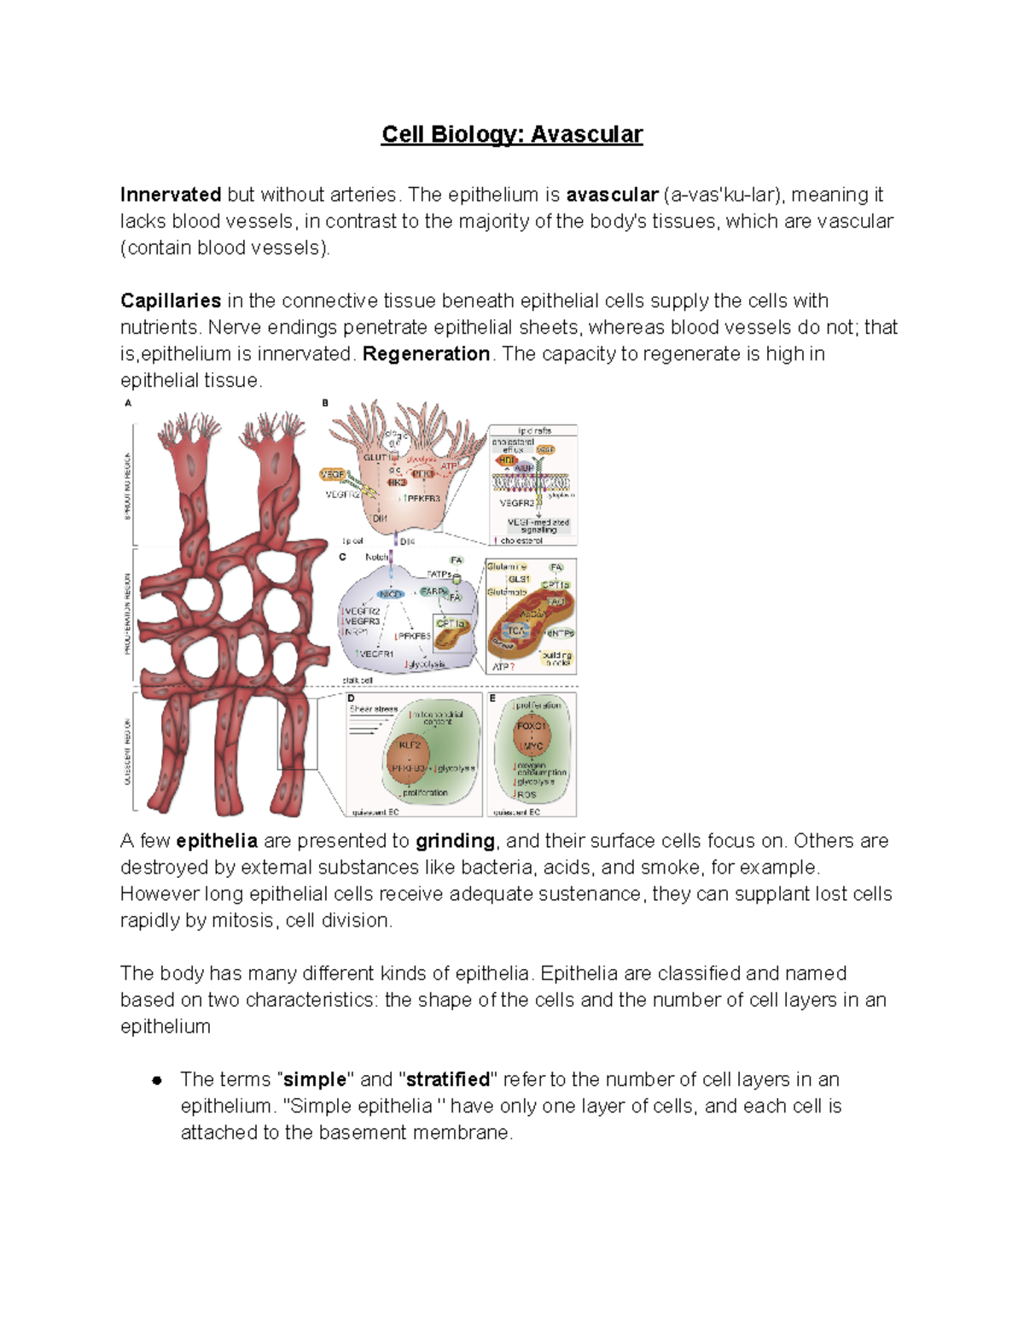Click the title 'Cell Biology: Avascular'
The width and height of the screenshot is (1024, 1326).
coord(511,134)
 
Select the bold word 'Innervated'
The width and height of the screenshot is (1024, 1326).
coord(171,195)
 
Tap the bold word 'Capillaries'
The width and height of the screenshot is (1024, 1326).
coord(171,301)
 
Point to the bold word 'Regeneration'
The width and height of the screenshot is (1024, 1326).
coord(426,353)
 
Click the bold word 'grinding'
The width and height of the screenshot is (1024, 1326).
coord(455,841)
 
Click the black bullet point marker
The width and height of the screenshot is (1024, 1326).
coord(157,1080)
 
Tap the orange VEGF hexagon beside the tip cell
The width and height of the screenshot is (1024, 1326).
coord(331,474)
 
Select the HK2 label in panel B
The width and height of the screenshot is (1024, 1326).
coord(397,482)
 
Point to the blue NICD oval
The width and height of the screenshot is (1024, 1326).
coord(390,593)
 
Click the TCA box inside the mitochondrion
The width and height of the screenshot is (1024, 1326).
coord(516,630)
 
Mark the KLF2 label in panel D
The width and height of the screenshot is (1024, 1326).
coord(410,745)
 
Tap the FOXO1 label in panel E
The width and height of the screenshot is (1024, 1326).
coord(531,726)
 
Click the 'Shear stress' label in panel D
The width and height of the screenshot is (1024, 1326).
coord(373,709)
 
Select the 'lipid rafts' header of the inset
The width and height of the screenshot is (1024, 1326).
coord(534,431)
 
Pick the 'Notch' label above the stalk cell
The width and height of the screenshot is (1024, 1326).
coord(376,557)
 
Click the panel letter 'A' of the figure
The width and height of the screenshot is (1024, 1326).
coord(128,403)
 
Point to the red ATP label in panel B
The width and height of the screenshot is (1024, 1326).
coord(449,466)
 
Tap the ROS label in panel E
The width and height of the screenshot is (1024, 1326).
coord(527,794)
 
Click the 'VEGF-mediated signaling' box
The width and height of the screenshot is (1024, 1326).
coord(538,525)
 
